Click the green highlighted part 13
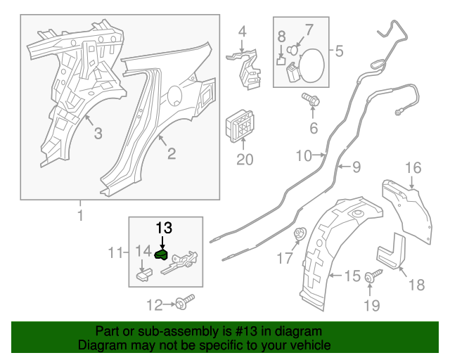(162, 255)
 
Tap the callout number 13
(163, 228)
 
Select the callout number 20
(244, 160)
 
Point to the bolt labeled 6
(311, 101)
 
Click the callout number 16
(413, 167)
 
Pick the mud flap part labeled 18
(391, 257)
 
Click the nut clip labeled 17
(297, 236)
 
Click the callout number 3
(98, 134)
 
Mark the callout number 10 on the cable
(302, 154)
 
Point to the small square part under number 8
(280, 60)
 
